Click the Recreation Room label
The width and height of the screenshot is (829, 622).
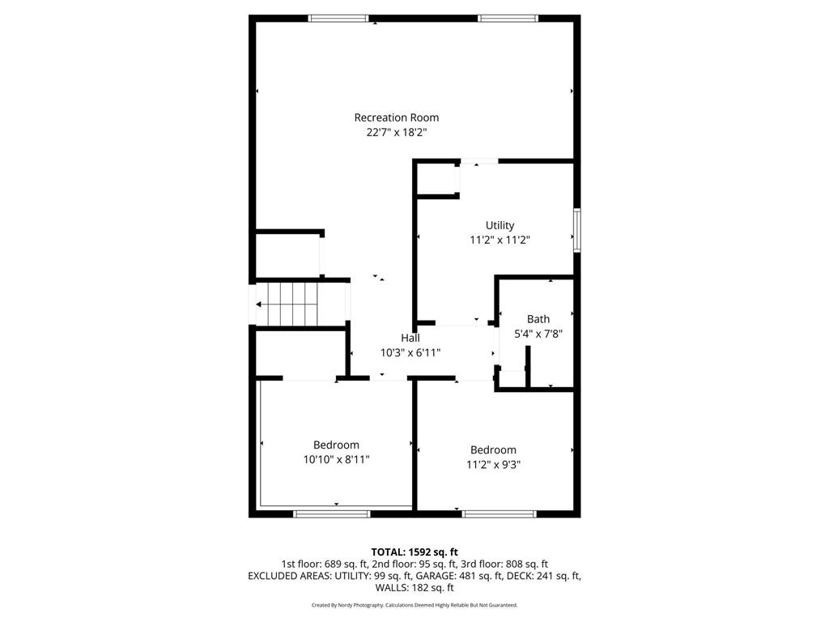pyautogui.click(x=397, y=117)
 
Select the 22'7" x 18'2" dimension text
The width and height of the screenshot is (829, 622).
pyautogui.click(x=397, y=132)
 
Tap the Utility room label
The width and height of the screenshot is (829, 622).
pyautogui.click(x=500, y=225)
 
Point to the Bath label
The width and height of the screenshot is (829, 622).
pyautogui.click(x=538, y=319)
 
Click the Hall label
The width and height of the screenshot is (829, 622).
pyautogui.click(x=410, y=338)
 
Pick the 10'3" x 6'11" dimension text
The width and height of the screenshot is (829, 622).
pyautogui.click(x=410, y=352)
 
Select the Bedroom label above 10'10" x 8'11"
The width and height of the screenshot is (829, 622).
pyautogui.click(x=336, y=445)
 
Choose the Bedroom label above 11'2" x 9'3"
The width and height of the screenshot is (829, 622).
pyautogui.click(x=493, y=450)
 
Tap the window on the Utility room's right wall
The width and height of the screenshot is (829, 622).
pyautogui.click(x=577, y=231)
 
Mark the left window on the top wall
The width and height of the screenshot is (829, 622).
pyautogui.click(x=338, y=18)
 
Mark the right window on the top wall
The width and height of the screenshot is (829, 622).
pyautogui.click(x=508, y=18)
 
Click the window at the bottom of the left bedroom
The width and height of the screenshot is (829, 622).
pyautogui.click(x=331, y=513)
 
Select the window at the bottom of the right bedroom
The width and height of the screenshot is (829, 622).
pyautogui.click(x=499, y=513)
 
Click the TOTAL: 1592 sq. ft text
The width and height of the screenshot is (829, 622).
pyautogui.click(x=414, y=552)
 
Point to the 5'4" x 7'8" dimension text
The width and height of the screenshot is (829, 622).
pyautogui.click(x=538, y=333)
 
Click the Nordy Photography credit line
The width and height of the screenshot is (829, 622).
pyautogui.click(x=414, y=605)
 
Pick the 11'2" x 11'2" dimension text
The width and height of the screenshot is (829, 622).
pyautogui.click(x=500, y=240)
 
